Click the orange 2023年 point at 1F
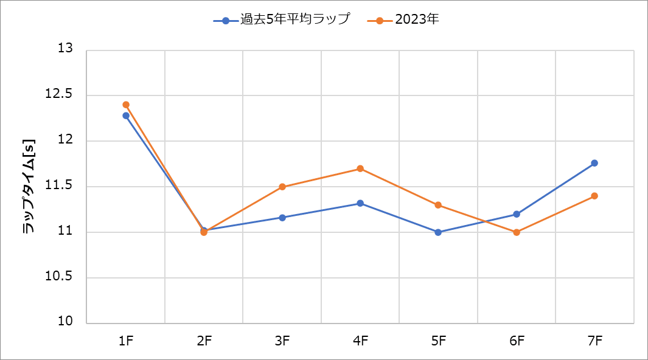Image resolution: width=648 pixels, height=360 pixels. [126, 105]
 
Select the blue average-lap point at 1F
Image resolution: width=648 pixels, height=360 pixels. [126, 116]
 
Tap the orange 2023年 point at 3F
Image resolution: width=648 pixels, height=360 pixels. [282, 187]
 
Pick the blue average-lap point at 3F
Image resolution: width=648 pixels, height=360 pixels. [282, 218]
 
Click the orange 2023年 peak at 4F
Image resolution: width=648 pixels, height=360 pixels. [360, 168]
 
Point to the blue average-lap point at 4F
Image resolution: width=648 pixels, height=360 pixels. [360, 203]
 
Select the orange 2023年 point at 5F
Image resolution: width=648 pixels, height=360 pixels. [438, 205]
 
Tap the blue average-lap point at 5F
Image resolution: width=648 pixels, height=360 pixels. [438, 232]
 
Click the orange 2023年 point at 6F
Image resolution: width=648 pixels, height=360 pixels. [517, 232]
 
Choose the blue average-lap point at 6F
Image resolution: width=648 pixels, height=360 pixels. [517, 214]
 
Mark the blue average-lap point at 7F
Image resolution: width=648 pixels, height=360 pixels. [594, 163]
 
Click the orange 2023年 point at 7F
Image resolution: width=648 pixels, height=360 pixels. [594, 196]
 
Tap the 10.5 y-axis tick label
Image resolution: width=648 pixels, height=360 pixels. [60, 277]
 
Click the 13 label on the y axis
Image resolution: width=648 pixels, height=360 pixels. [65, 49]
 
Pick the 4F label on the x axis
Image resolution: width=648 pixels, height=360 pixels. [360, 341]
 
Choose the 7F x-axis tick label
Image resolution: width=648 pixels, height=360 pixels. [594, 341]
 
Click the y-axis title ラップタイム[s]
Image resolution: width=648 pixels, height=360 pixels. [29, 187]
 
